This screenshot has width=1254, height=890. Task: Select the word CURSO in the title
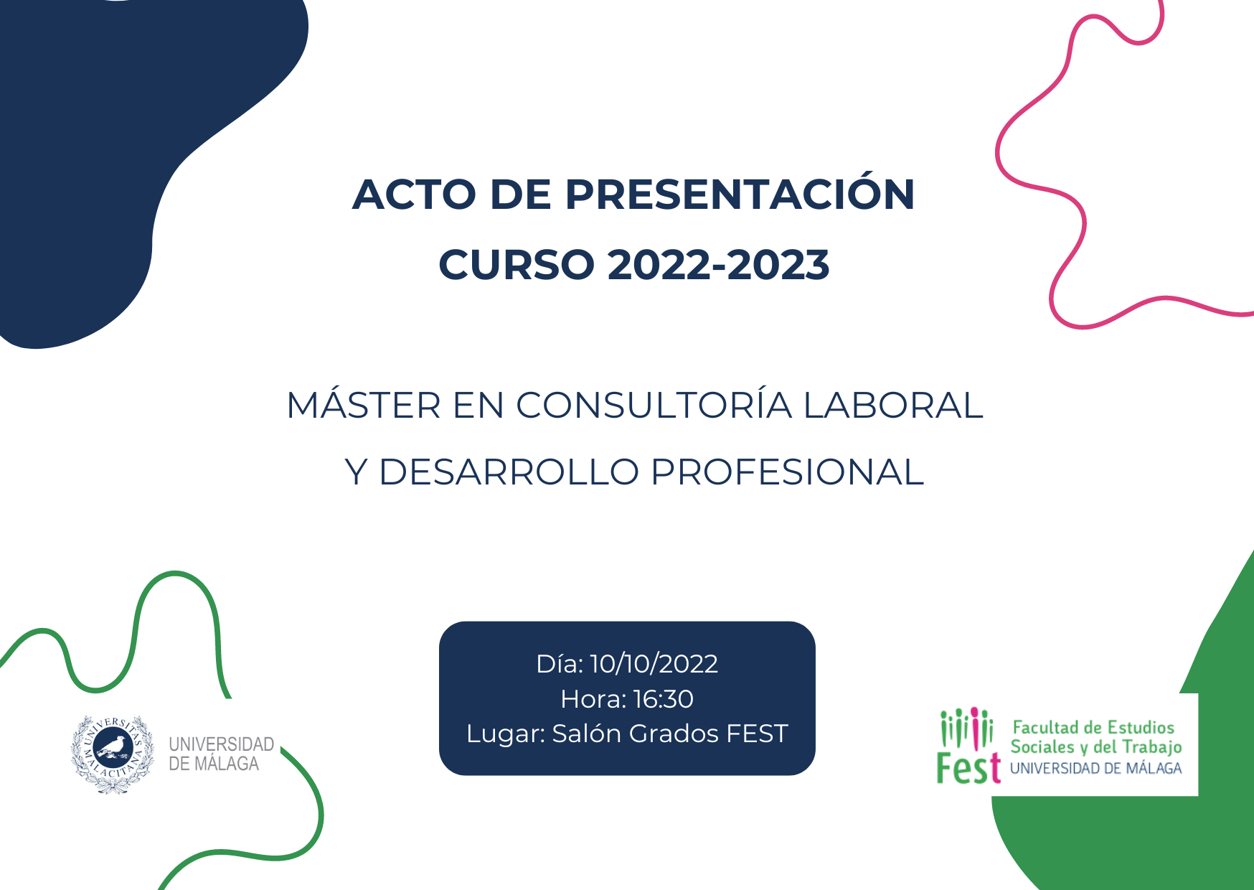pyautogui.click(x=517, y=265)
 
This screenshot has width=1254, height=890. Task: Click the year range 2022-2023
pyautogui.click(x=719, y=265)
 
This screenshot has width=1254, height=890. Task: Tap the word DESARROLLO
pyautogui.click(x=509, y=472)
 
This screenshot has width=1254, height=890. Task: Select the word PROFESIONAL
pyautogui.click(x=787, y=472)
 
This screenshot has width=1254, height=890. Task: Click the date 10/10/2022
pyautogui.click(x=654, y=664)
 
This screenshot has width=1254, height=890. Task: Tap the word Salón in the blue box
pyautogui.click(x=587, y=734)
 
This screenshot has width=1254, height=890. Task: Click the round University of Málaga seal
pyautogui.click(x=113, y=754)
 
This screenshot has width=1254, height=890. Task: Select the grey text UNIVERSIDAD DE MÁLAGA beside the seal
pyautogui.click(x=221, y=754)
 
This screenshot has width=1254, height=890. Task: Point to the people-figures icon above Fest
pyautogui.click(x=966, y=727)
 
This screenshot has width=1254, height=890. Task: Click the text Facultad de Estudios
pyautogui.click(x=1093, y=728)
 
